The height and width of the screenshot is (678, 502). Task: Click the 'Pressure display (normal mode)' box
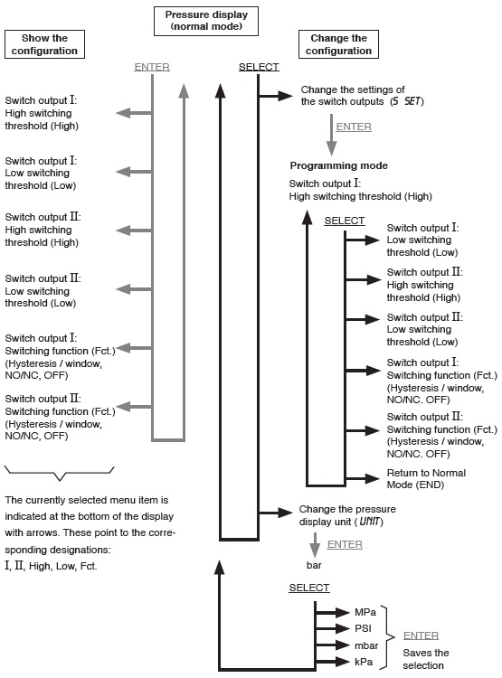[x=206, y=21]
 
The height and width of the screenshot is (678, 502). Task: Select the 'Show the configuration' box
[x=44, y=44]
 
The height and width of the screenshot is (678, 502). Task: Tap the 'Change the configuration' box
[x=338, y=44]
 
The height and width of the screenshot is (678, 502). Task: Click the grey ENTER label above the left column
[x=152, y=67]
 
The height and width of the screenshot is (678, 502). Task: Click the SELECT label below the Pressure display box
[x=259, y=67]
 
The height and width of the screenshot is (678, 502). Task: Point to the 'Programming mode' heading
[x=339, y=165]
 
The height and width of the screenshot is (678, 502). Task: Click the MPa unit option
[x=365, y=612]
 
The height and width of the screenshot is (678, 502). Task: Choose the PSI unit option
[x=363, y=628]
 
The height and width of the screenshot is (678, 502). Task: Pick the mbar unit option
[x=366, y=645]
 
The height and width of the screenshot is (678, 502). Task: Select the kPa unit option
[x=364, y=662]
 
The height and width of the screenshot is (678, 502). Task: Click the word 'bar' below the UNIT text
[x=314, y=565]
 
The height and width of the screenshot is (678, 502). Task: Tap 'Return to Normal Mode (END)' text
[x=426, y=478]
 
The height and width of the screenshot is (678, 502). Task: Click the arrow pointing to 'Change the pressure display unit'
[x=276, y=513]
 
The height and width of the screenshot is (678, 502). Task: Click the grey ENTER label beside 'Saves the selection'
[x=421, y=636]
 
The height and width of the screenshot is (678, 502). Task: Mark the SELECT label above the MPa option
[x=309, y=588]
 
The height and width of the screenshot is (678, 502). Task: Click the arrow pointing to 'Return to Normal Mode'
[x=363, y=478]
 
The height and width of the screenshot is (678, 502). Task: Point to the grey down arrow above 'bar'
[x=315, y=545]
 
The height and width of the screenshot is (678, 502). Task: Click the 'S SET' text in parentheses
[x=406, y=101]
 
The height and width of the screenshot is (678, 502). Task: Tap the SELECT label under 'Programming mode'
[x=345, y=221]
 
